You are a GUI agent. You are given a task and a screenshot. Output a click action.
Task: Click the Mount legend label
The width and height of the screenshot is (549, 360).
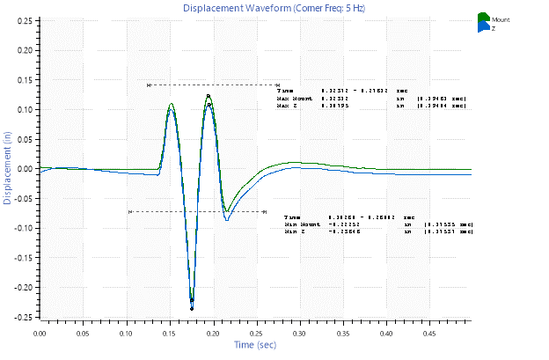501,18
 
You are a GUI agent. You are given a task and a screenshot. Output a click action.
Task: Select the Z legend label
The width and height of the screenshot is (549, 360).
494,28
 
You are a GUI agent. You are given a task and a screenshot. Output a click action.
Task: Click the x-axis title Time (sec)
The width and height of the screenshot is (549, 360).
256,344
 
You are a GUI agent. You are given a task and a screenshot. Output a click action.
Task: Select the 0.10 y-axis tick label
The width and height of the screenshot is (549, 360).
26,110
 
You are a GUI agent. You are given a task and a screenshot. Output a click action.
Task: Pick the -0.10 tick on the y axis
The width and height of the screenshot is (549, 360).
26,228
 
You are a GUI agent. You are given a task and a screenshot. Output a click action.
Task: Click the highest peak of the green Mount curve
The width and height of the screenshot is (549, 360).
209,95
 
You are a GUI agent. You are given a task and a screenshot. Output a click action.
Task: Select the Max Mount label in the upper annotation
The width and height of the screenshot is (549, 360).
292,98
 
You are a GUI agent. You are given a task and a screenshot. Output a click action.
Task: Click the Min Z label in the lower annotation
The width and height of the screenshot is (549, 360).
294,231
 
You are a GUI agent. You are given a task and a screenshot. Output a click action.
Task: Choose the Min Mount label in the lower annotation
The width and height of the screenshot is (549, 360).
299,224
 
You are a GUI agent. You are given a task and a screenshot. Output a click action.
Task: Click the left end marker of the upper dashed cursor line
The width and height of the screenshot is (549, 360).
149,85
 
